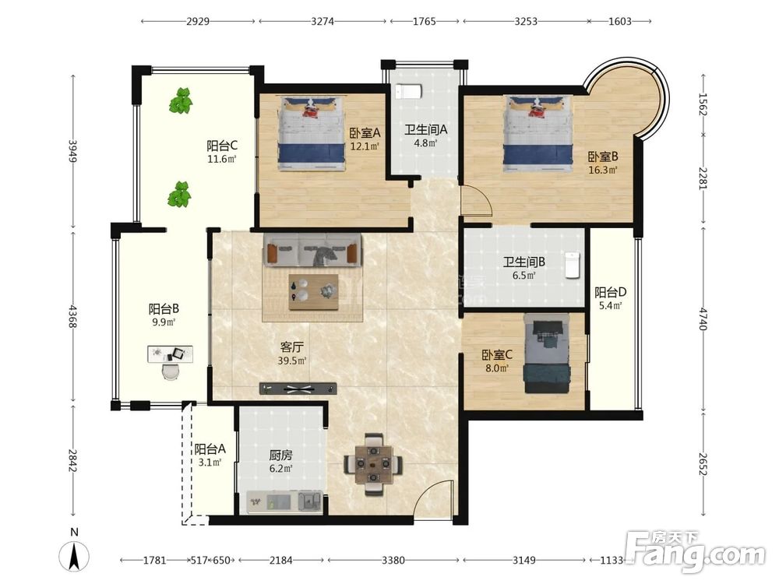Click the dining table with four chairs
tap(372, 464)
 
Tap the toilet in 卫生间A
tap(408, 92)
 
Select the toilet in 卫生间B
tap(573, 266)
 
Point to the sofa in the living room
tap(312, 250)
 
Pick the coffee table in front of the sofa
tap(313, 292)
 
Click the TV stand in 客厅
tap(298, 389)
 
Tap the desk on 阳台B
tap(171, 354)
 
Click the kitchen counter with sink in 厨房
tap(284, 501)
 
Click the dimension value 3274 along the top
tap(323, 21)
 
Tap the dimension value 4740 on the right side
tap(703, 318)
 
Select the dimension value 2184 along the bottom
tap(280, 560)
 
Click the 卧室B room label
tap(603, 157)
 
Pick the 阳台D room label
tap(610, 292)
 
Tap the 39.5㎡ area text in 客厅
tap(291, 361)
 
